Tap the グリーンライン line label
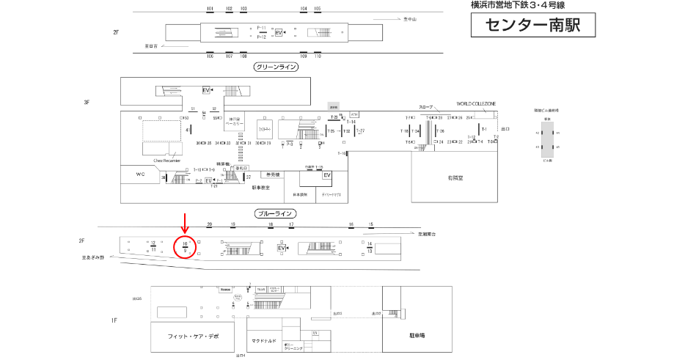pos(276,67)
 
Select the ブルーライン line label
pos(276,214)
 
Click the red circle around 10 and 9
pos(186,247)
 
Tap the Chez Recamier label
pos(166,159)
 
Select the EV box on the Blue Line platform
pos(281,249)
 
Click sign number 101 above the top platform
pos(210,9)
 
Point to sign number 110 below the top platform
pos(318,56)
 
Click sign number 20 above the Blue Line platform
pos(210,224)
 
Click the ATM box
pos(355,114)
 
